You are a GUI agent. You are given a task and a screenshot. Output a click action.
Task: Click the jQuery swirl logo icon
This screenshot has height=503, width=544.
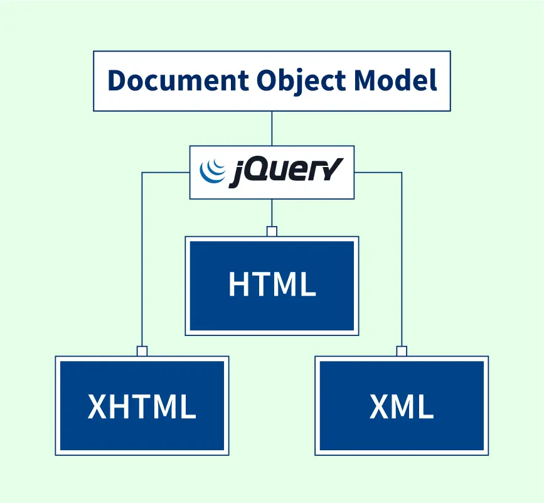[x=211, y=171]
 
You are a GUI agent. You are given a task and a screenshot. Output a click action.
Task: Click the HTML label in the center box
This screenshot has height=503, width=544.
[x=272, y=284]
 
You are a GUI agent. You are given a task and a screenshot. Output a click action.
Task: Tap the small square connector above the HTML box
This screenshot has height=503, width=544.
[x=272, y=232]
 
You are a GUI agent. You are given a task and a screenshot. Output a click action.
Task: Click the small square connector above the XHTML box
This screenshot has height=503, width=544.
[x=142, y=351]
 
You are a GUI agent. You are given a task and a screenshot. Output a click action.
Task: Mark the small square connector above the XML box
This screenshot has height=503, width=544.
[x=402, y=351]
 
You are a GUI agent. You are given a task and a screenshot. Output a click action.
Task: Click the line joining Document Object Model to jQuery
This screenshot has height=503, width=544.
[x=272, y=129]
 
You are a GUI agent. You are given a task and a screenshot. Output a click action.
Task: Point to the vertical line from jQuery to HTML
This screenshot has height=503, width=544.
[x=272, y=213]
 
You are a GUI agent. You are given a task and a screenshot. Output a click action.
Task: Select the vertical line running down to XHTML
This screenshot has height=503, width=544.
[x=142, y=264]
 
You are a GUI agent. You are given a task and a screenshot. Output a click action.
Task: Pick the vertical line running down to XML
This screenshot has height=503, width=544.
[x=402, y=264]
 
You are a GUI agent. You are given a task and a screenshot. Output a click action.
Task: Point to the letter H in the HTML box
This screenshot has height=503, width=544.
[x=239, y=284]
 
